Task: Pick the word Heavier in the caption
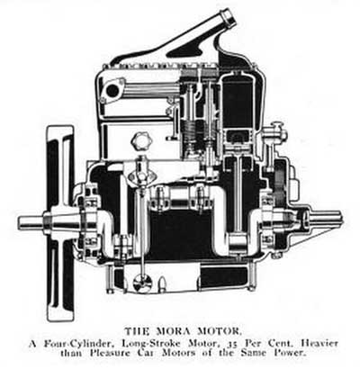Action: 319,343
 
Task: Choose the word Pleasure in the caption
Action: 110,353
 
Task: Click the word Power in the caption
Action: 290,353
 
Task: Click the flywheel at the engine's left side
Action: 60,223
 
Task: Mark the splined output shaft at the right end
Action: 327,219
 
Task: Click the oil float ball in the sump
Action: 142,283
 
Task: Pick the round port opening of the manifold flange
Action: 112,91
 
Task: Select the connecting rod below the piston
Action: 238,195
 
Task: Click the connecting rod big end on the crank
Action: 238,242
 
